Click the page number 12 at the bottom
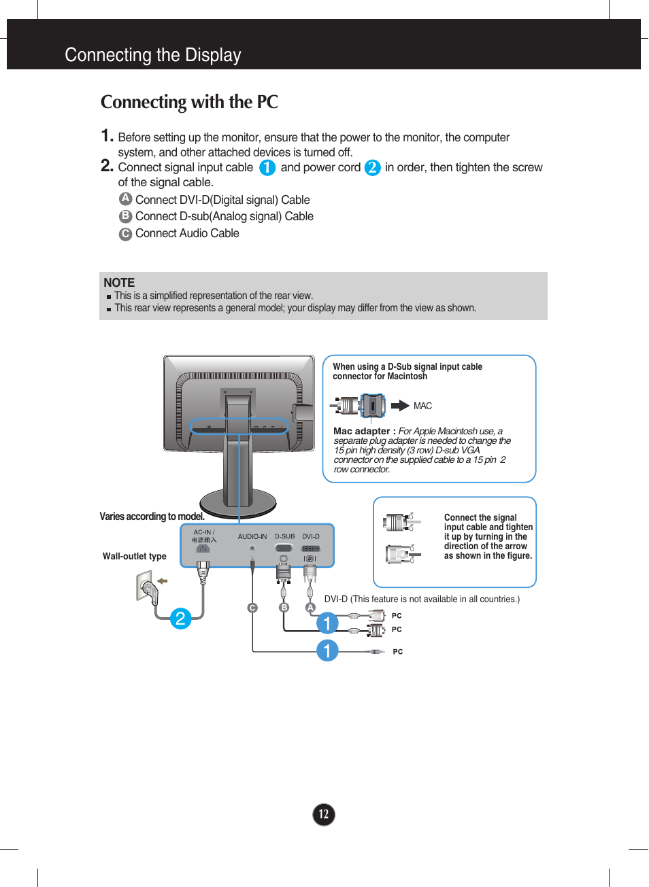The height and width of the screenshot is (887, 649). pyautogui.click(x=324, y=814)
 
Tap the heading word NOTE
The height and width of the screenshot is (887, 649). pyautogui.click(x=119, y=283)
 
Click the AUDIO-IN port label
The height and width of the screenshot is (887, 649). pyautogui.click(x=252, y=536)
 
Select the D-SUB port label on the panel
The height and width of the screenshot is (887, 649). pyautogui.click(x=284, y=536)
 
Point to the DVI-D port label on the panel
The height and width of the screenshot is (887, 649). pyautogui.click(x=311, y=536)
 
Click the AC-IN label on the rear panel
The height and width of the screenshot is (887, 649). pyautogui.click(x=203, y=532)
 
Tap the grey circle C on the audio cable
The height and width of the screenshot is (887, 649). pyautogui.click(x=252, y=608)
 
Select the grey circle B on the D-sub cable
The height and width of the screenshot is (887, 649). pyautogui.click(x=284, y=608)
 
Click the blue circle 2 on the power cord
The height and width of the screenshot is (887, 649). pyautogui.click(x=180, y=619)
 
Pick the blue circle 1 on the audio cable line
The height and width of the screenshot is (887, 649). pyautogui.click(x=327, y=650)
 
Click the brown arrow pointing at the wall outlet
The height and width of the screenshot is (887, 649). pyautogui.click(x=162, y=580)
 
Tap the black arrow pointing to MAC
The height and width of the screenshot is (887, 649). pyautogui.click(x=400, y=406)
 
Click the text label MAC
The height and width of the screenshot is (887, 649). pyautogui.click(x=422, y=406)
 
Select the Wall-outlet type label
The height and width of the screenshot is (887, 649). pyautogui.click(x=134, y=556)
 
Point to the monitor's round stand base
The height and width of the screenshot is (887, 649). pyautogui.click(x=238, y=503)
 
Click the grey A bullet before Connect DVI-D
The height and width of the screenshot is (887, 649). pyautogui.click(x=125, y=198)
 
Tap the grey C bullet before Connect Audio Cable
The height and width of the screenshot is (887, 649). pyautogui.click(x=125, y=234)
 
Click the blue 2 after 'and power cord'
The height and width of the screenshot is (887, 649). pyautogui.click(x=372, y=167)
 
